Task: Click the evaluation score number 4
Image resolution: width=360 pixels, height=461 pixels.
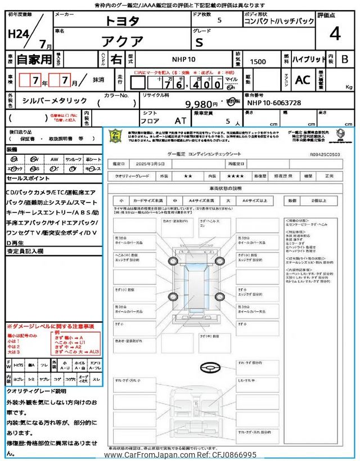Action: pyautogui.click(x=335, y=34)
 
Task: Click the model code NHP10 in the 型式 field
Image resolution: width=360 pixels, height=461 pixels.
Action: pyautogui.click(x=183, y=59)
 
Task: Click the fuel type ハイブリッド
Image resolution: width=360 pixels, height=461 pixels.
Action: pyautogui.click(x=309, y=59)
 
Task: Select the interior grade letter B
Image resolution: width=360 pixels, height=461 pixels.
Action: pyautogui.click(x=345, y=59)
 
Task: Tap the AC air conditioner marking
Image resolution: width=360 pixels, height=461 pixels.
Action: pyautogui.click(x=303, y=80)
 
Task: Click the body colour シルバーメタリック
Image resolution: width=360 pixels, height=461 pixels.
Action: pyautogui.click(x=55, y=100)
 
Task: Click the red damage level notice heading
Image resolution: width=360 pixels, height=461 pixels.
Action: pyautogui.click(x=51, y=326)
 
